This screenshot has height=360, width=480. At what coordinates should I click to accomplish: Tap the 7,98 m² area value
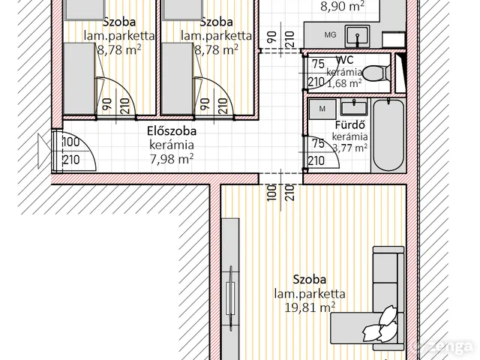pyautogui.click(x=171, y=157)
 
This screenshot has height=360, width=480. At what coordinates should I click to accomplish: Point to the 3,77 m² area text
pyautogui.click(x=349, y=148)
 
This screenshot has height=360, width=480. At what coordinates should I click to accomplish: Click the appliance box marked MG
pyautogui.click(x=330, y=35)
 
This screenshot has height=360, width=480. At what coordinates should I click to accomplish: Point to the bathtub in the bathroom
pyautogui.click(x=388, y=136)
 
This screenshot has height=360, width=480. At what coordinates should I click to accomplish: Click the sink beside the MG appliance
pyautogui.click(x=358, y=34)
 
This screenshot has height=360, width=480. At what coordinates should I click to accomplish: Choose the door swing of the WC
pyautogui.click(x=315, y=73)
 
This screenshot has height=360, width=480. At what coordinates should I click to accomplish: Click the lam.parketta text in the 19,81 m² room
pyautogui.click(x=309, y=294)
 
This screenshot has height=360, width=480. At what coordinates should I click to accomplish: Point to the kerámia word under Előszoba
pyautogui.click(x=171, y=144)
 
